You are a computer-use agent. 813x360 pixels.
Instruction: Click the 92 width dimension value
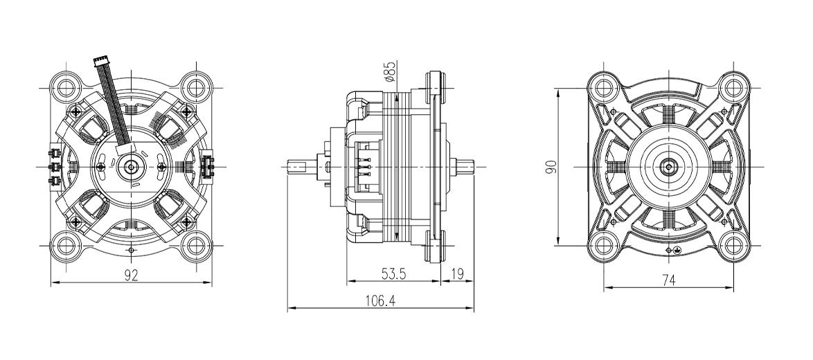pyautogui.click(x=132, y=275)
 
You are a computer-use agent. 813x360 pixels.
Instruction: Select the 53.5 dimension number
pyautogui.click(x=393, y=275)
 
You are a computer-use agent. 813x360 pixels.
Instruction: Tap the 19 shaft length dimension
pyautogui.click(x=458, y=275)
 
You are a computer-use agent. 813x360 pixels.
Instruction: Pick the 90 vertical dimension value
pyautogui.click(x=551, y=167)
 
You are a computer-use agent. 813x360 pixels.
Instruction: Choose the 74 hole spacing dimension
pyautogui.click(x=670, y=280)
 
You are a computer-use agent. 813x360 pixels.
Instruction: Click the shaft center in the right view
pyautogui.click(x=669, y=167)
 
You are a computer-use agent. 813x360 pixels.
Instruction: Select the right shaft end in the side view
pyautogui.click(x=464, y=167)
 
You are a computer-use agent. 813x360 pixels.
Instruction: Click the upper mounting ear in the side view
pyautogui.click(x=436, y=87)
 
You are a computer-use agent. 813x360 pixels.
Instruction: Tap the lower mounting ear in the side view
pyautogui.click(x=436, y=246)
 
